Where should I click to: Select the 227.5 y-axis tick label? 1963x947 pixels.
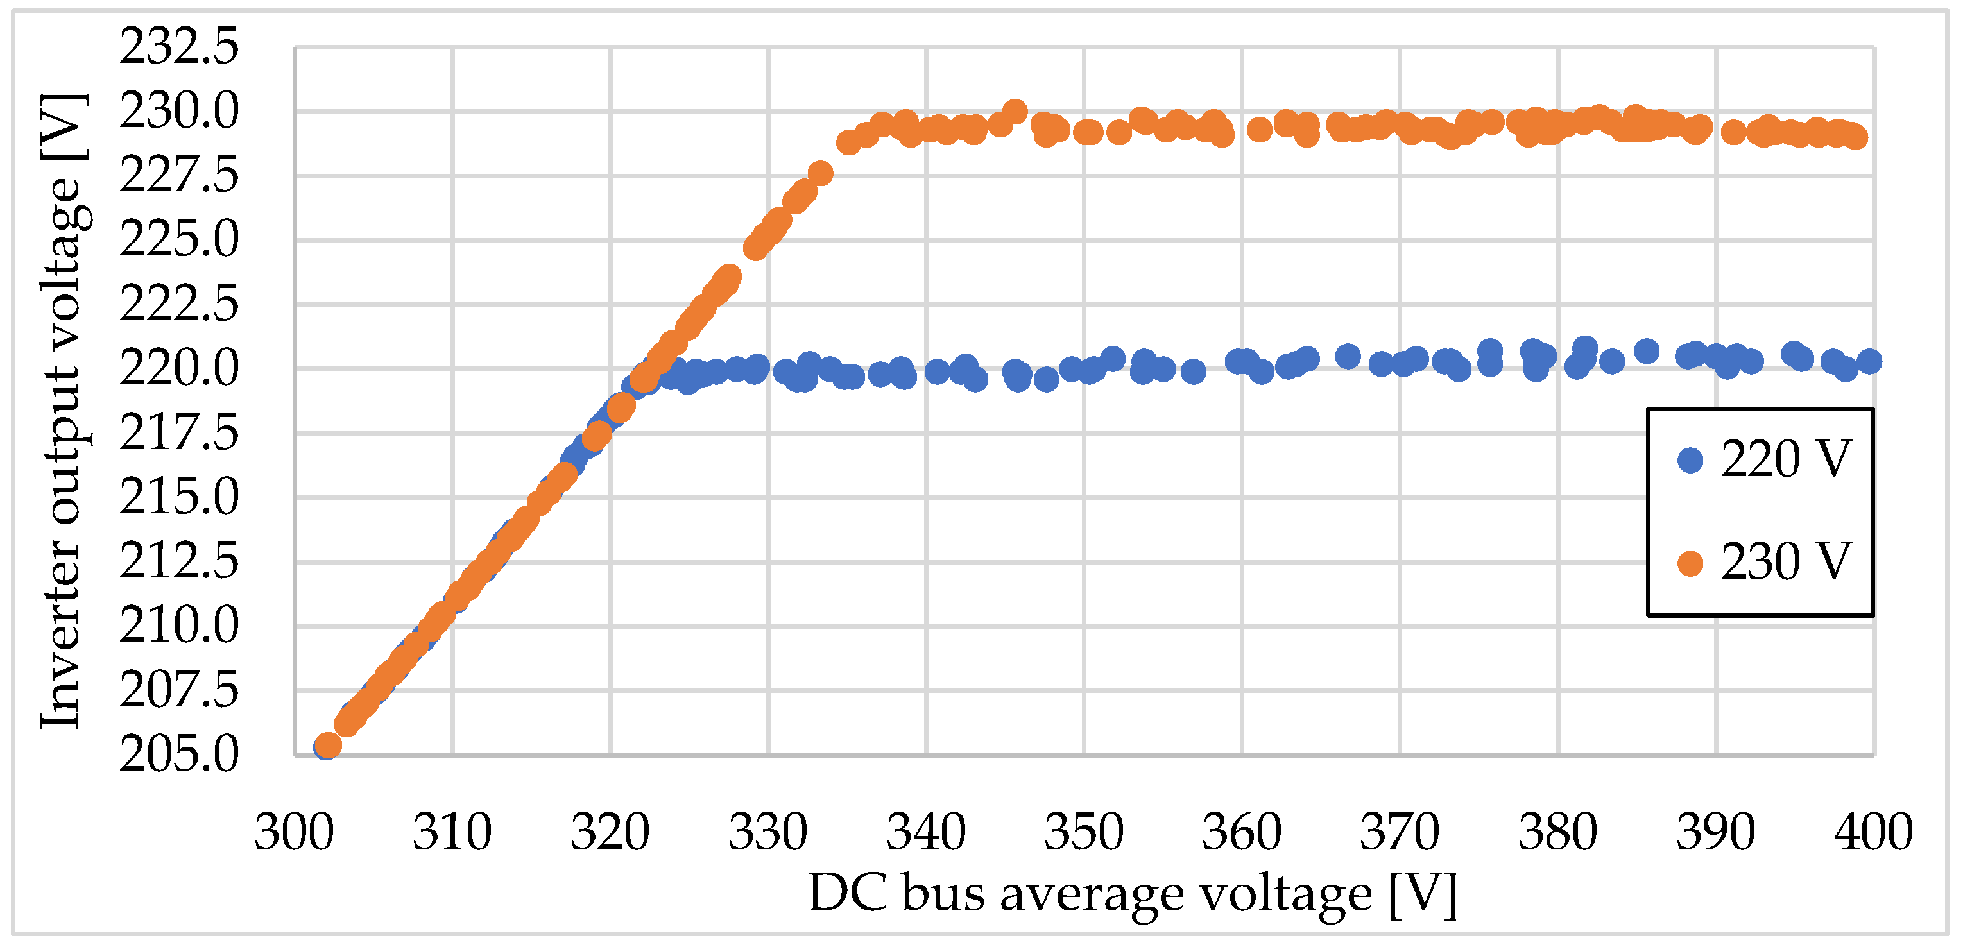coord(178,175)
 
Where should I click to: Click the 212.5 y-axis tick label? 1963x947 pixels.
coord(178,561)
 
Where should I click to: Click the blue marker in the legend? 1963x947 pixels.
coord(1690,459)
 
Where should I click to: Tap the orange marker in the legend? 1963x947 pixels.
coord(1690,563)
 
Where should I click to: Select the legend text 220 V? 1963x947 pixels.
coord(1785,459)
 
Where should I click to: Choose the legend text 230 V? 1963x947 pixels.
coord(1785,562)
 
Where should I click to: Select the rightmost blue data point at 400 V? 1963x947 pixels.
coord(1869,361)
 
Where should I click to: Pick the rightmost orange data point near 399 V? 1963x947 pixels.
coord(1856,138)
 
